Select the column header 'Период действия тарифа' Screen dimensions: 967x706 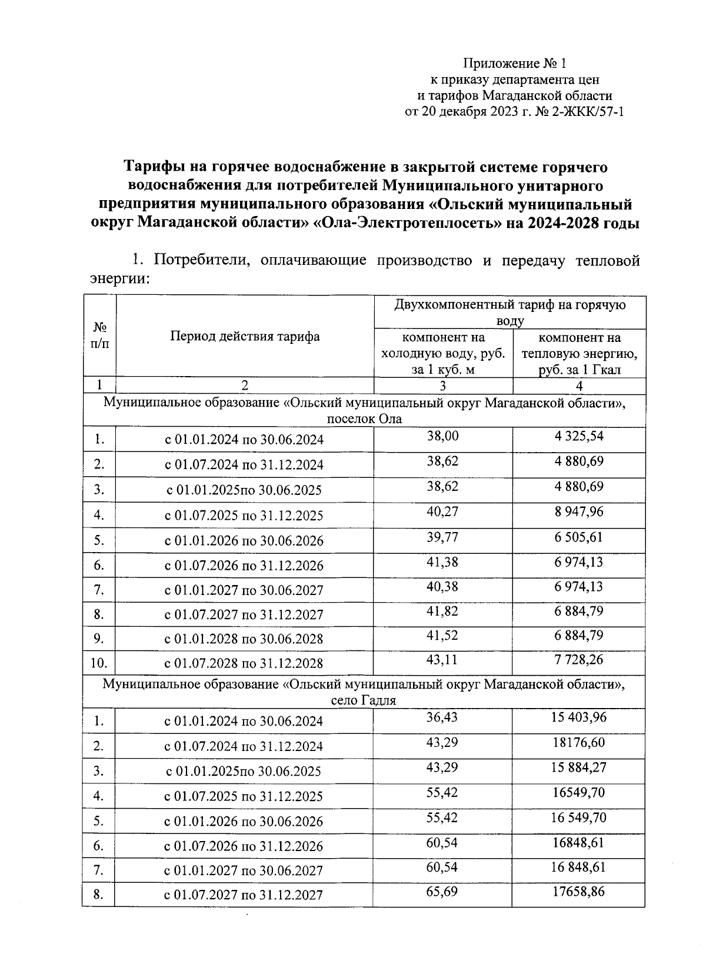245,336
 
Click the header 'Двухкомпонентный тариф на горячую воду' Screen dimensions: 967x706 510,313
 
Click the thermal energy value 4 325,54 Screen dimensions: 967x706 579,436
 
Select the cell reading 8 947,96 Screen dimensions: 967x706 579,511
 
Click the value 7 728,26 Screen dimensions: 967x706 579,660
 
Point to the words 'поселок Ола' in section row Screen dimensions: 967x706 364,419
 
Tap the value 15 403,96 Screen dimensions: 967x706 579,717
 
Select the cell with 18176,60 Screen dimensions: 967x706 579,742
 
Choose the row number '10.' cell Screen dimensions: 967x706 99,663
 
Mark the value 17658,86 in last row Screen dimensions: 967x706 579,892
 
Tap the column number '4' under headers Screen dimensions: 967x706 579,386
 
